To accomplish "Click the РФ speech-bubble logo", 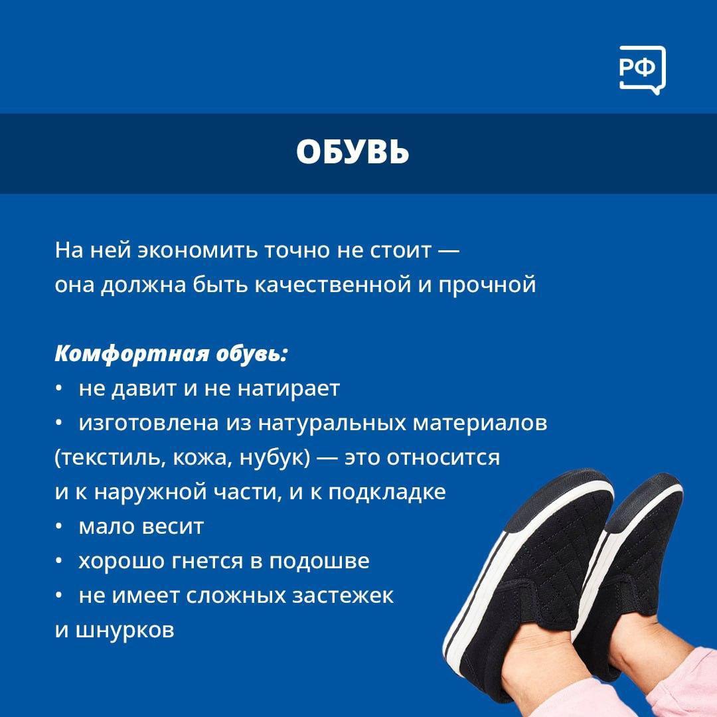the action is coord(642,70).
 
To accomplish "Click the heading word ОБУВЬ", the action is coord(353,152).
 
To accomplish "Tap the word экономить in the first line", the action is coord(198,250).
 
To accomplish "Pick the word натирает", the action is coord(289,388).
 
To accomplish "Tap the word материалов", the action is coord(480,424).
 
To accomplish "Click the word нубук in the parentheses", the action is coord(274,457).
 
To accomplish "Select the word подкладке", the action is coord(387,492).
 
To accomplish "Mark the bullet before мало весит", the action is coord(58,526).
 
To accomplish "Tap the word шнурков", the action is coord(124,631).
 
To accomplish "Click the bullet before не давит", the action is coord(58,388).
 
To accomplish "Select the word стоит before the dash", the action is coord(400,250).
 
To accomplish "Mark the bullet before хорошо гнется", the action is coord(58,561).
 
